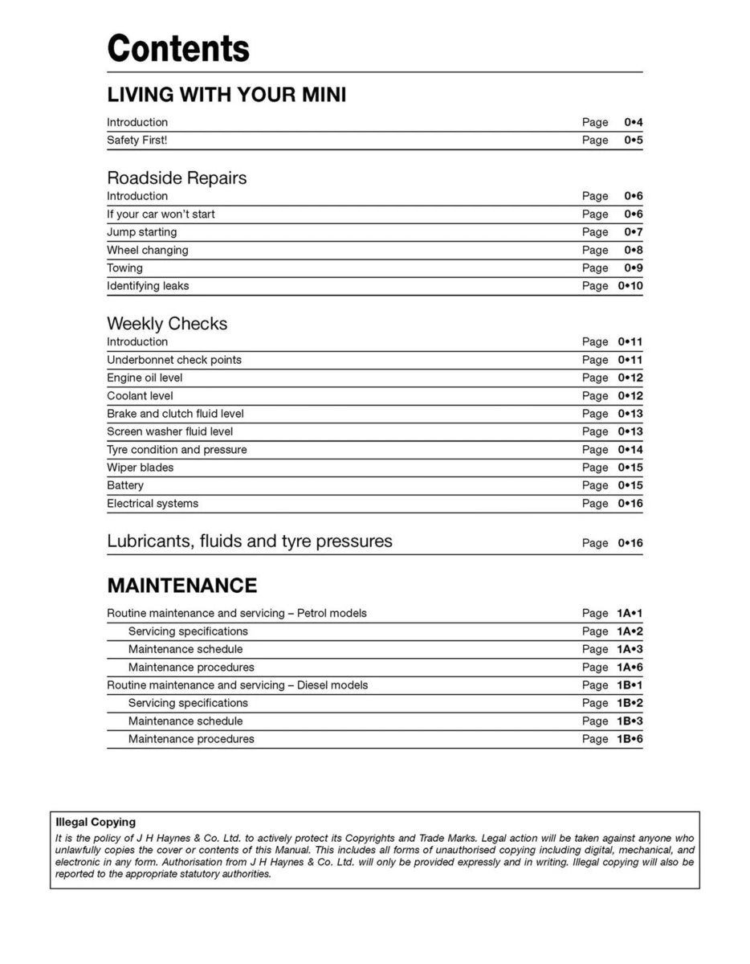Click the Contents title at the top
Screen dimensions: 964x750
pos(178,49)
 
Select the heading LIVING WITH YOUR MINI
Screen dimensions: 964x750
pos(226,95)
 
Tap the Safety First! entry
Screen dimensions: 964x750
pos(137,141)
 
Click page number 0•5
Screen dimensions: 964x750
pos(634,141)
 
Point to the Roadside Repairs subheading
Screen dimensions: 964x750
pos(177,178)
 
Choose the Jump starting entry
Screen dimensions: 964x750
pos(142,232)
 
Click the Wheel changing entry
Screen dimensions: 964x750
pos(148,250)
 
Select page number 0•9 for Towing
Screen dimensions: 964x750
pos(634,268)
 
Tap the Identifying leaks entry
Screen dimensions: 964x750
pos(148,286)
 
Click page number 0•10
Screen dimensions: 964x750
pos(630,286)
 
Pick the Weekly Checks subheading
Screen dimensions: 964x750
pos(167,324)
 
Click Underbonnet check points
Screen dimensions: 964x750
pos(174,360)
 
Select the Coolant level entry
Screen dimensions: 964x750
pos(140,396)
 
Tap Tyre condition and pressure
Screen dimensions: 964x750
pos(177,450)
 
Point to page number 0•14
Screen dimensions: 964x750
pos(630,450)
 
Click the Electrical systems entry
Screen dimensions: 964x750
pos(153,504)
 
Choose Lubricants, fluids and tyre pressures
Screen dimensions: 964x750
pos(250,541)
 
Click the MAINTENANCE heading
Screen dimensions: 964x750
pos(182,585)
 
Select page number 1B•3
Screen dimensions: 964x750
pos(630,721)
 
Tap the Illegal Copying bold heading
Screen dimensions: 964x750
pos(96,822)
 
